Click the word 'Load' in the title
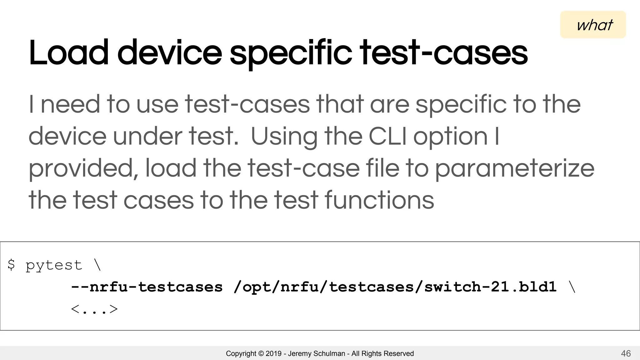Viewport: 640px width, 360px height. pos(68,53)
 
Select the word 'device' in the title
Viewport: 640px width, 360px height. pos(169,53)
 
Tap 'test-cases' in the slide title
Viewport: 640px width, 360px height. pos(444,53)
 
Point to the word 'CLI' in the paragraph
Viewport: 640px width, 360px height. pos(387,137)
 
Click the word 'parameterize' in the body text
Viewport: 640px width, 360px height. pos(514,169)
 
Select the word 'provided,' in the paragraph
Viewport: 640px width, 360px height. pos(83,169)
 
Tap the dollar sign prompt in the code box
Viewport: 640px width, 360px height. pos(11,265)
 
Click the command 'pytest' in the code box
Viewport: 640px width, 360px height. pos(54,266)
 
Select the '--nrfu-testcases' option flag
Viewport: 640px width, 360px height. pos(147,287)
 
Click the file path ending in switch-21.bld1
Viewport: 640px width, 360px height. pos(395,287)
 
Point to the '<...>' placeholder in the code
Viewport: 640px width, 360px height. pos(94,309)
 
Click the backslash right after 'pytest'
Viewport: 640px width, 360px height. pos(97,265)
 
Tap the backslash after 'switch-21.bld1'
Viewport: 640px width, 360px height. pos(572,287)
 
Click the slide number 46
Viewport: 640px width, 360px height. pos(626,353)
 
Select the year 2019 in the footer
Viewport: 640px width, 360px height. pos(273,353)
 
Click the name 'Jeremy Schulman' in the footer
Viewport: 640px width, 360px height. pos(316,353)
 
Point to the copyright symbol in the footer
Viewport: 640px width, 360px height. pos(261,353)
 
